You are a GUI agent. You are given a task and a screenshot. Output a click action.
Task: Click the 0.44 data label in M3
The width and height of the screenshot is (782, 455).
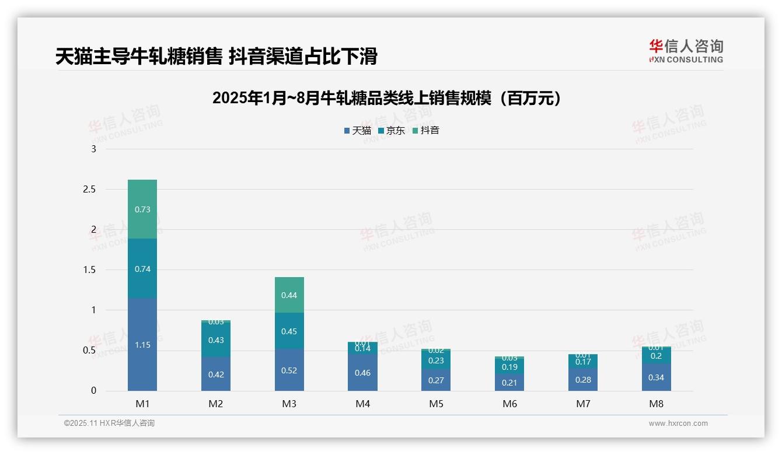(x=289, y=295)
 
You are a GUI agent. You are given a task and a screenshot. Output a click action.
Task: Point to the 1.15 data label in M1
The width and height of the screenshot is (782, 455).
(x=142, y=345)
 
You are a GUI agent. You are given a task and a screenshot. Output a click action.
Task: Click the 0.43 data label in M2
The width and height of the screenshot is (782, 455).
(x=216, y=340)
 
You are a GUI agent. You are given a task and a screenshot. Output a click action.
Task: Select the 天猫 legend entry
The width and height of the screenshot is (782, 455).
(x=358, y=131)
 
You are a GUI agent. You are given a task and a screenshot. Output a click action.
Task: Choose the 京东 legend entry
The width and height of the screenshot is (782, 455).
(x=392, y=131)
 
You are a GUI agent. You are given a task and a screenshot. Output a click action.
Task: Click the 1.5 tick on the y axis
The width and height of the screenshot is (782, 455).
(x=89, y=270)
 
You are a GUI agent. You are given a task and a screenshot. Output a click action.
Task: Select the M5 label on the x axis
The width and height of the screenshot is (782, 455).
(x=437, y=404)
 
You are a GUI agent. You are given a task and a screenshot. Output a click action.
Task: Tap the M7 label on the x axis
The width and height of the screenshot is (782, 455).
(x=583, y=404)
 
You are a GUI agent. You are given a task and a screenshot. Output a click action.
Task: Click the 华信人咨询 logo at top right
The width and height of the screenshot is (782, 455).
(x=686, y=51)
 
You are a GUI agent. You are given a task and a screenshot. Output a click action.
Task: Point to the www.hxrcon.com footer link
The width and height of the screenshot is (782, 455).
(x=678, y=423)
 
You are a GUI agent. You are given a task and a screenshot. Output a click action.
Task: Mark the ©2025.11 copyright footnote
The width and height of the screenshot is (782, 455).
(x=109, y=423)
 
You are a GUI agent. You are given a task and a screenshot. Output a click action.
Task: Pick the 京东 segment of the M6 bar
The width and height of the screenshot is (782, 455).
(x=509, y=367)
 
